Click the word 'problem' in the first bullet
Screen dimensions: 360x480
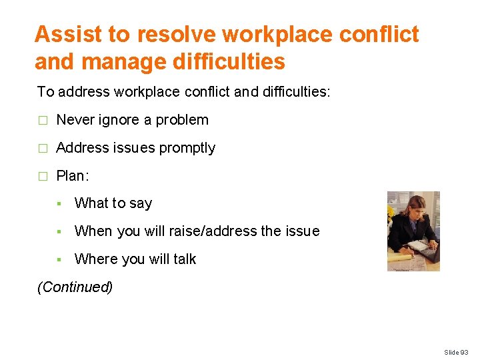[x=182, y=120]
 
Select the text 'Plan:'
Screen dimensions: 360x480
[x=73, y=176]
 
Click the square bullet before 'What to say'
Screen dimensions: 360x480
[x=59, y=204]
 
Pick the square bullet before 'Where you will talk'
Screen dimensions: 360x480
[x=59, y=259]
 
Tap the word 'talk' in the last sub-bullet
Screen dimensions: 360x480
[x=184, y=259]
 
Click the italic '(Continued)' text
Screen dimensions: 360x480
[x=75, y=287]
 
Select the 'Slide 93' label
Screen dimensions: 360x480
[x=456, y=352]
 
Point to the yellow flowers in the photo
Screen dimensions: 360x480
[x=391, y=215]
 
